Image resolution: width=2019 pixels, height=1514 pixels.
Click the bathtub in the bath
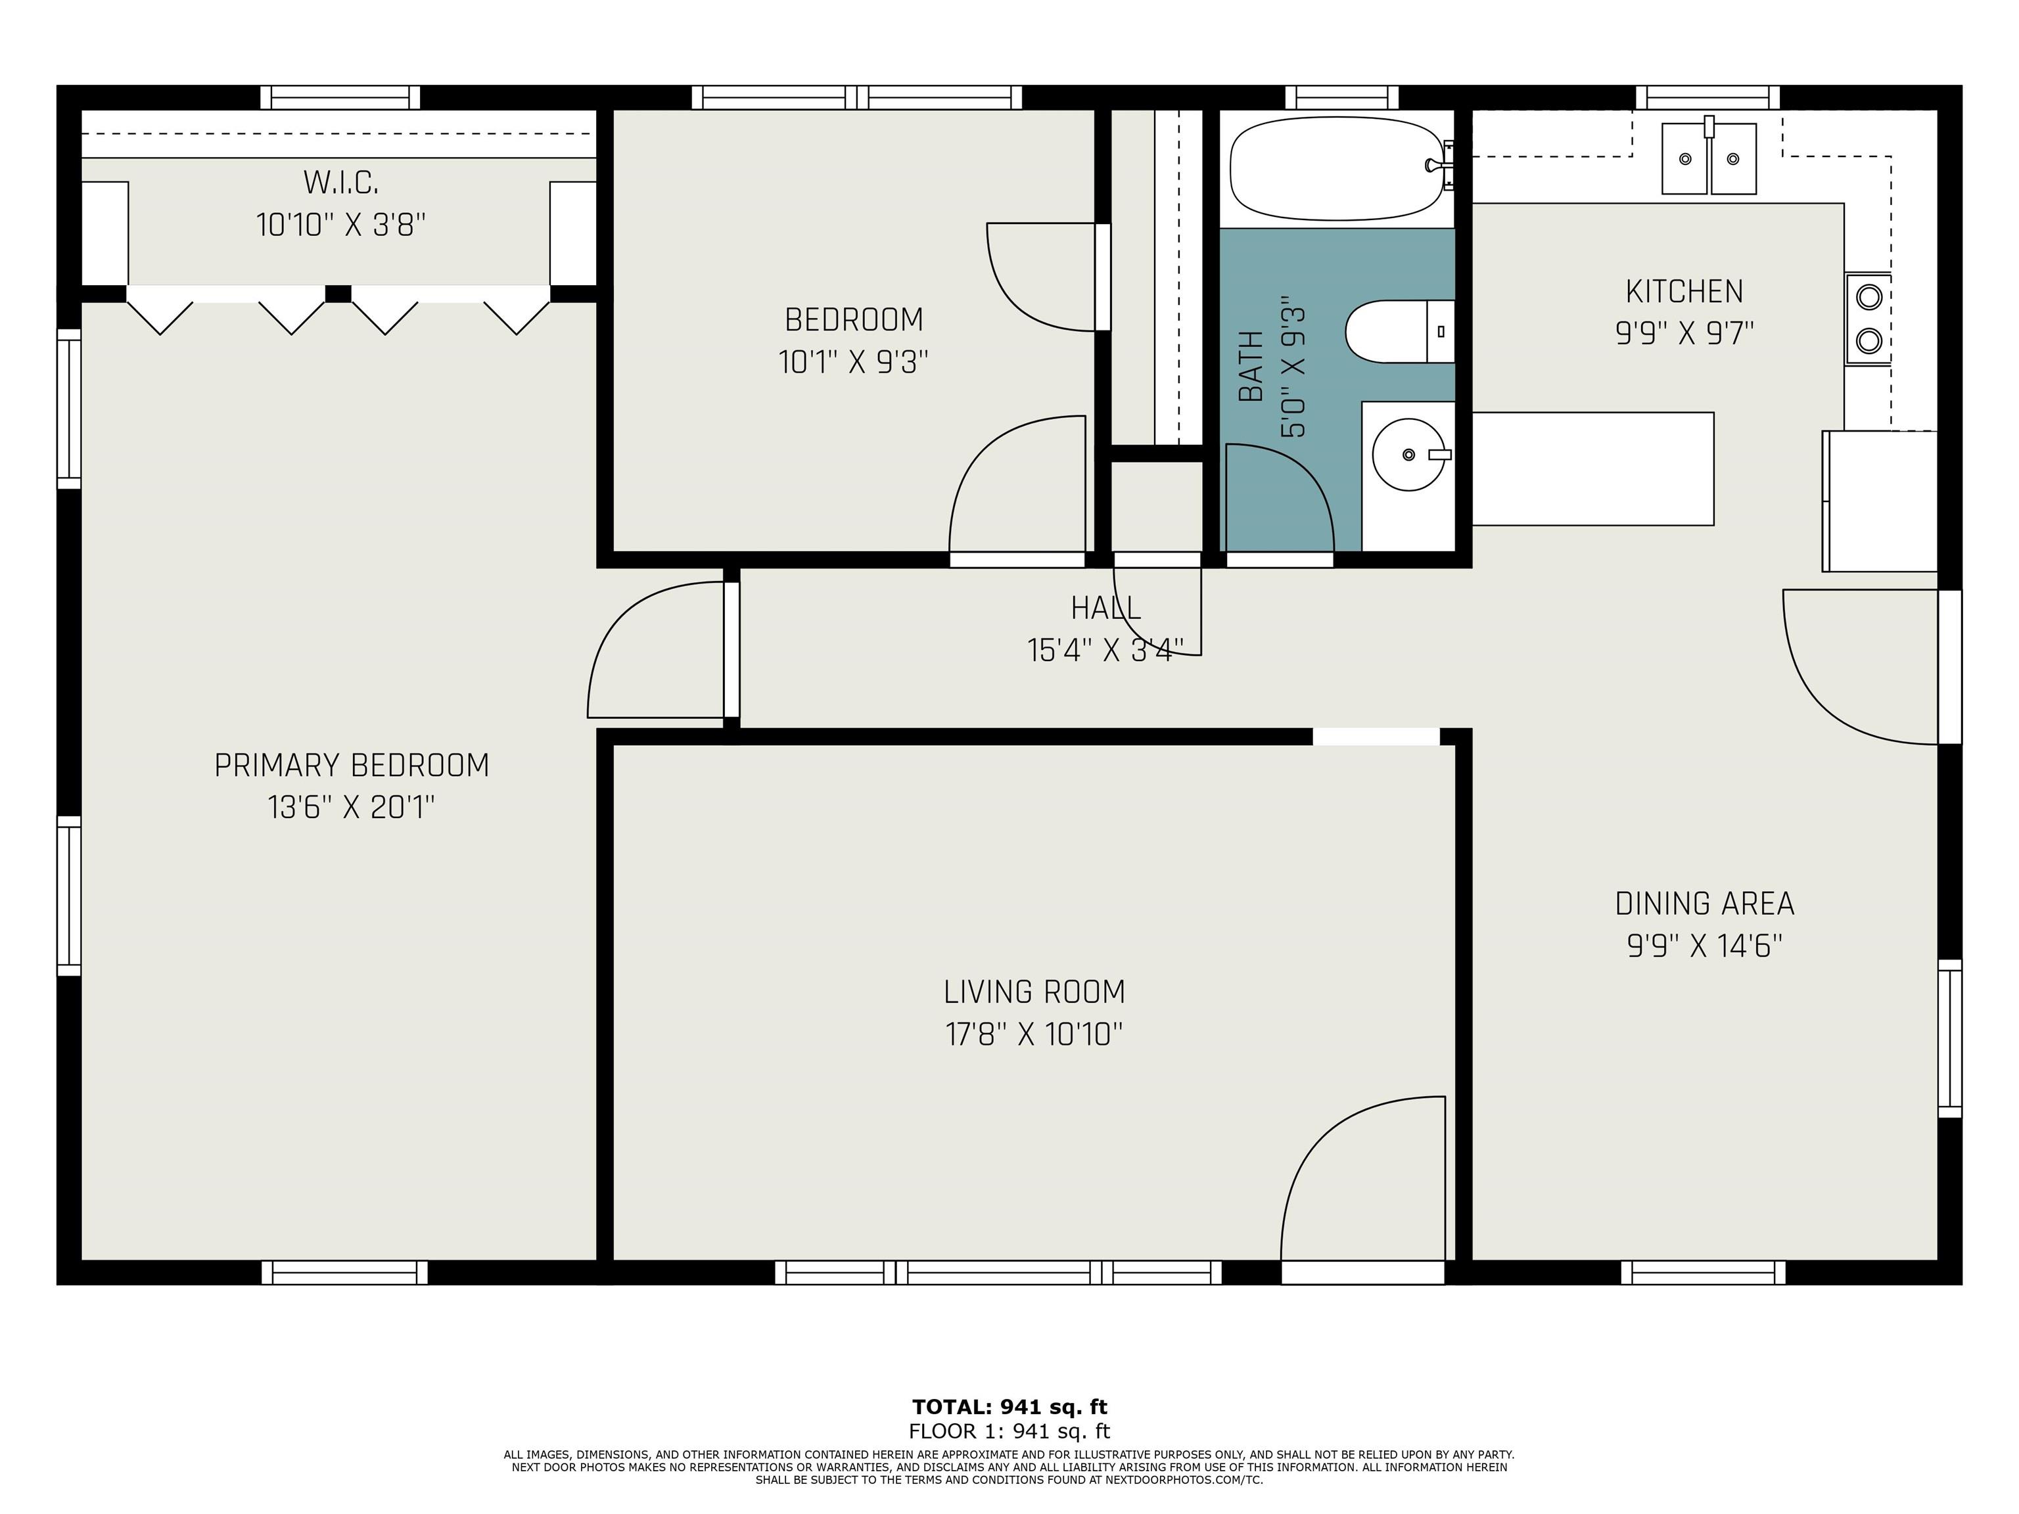point(1337,169)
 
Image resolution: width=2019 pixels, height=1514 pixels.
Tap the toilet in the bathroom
point(1399,331)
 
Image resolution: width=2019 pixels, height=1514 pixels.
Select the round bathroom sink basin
point(1408,455)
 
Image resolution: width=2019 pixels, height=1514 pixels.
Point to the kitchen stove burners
point(1868,319)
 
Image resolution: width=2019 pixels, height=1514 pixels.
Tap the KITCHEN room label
point(1684,292)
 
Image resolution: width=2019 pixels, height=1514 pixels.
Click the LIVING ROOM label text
point(1034,992)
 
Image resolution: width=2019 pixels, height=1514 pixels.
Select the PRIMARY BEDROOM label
point(352,766)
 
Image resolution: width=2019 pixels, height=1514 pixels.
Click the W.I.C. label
point(340,183)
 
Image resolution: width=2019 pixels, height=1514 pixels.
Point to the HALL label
point(1105,608)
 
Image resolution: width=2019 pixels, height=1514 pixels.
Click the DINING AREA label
point(1704,904)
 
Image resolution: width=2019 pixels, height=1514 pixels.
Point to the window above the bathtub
point(1342,97)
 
